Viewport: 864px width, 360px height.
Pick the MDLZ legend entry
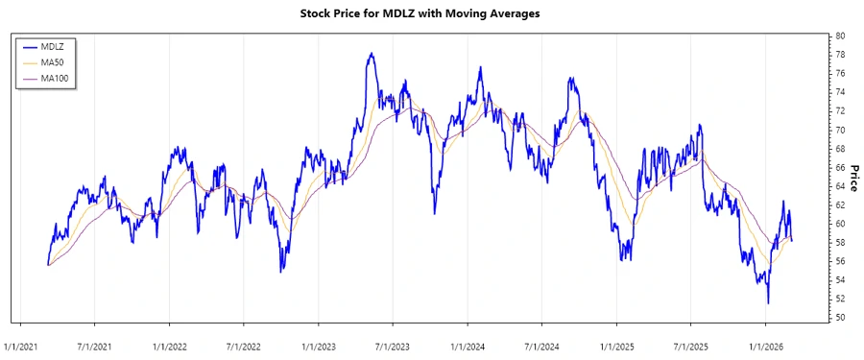pos(52,45)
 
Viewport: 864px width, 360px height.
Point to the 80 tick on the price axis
pos(840,36)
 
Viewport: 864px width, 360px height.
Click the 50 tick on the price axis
pos(840,318)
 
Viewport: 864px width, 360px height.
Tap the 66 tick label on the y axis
pos(840,167)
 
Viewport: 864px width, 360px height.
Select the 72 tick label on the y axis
pos(840,110)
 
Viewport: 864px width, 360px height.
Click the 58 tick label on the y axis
pos(840,243)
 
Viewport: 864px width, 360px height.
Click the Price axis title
pos(853,176)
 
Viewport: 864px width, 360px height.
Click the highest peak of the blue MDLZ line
pos(371,54)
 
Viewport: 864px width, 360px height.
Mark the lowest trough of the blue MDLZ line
pos(767,303)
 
